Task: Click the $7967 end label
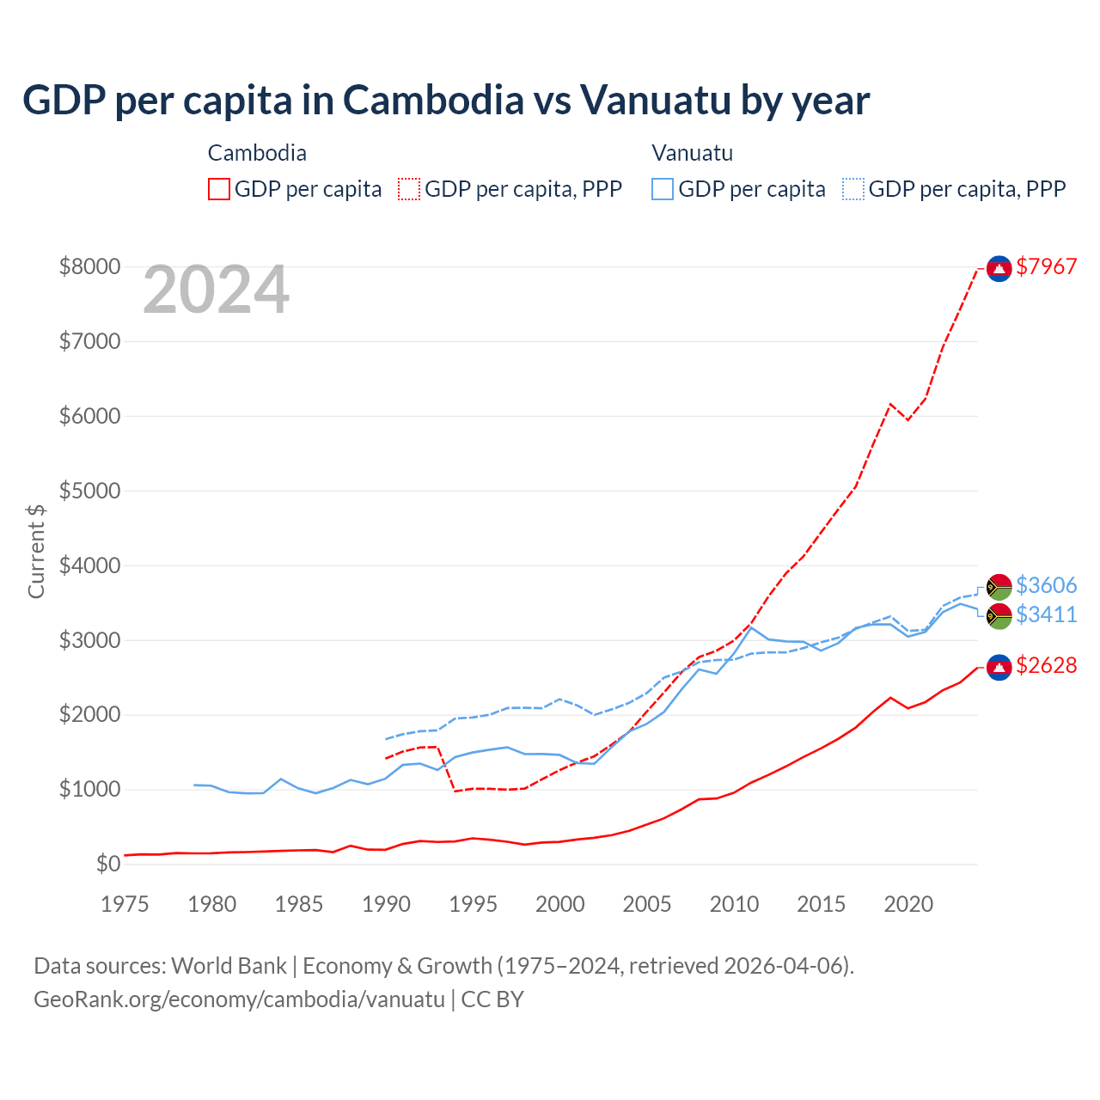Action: click(1046, 266)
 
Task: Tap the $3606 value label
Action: click(1046, 585)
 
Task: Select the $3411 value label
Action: click(1046, 614)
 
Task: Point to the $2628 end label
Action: click(1046, 665)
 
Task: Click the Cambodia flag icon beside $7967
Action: click(999, 268)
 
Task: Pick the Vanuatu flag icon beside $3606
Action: click(999, 587)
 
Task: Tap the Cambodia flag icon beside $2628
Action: click(999, 667)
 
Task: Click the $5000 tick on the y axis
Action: click(89, 491)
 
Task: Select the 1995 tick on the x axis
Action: click(473, 904)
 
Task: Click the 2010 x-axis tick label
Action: click(734, 904)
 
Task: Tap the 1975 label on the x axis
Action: click(125, 904)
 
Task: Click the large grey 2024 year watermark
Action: click(216, 290)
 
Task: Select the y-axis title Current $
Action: click(36, 551)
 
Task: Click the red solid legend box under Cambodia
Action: click(219, 189)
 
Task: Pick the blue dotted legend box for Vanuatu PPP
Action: click(853, 189)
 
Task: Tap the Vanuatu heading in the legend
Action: click(692, 153)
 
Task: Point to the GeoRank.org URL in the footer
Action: click(239, 999)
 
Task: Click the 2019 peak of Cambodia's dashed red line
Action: click(890, 403)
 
